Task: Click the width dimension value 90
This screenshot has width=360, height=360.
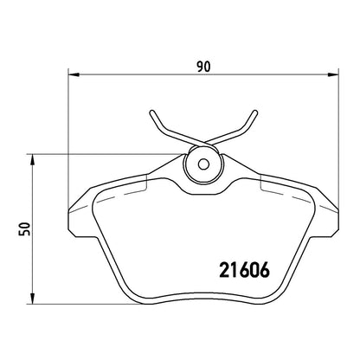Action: pyautogui.click(x=204, y=67)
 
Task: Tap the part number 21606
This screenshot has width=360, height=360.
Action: pyautogui.click(x=244, y=270)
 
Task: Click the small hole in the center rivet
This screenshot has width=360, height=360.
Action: pyautogui.click(x=203, y=164)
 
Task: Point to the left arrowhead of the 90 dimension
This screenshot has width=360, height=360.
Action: pyautogui.click(x=74, y=74)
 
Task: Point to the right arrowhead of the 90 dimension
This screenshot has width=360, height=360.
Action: pyautogui.click(x=333, y=74)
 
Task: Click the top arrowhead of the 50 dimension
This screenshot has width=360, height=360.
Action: pyautogui.click(x=32, y=159)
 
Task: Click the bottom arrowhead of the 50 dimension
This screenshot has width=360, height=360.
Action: pyautogui.click(x=32, y=299)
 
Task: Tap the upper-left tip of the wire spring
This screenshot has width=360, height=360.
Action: pyautogui.click(x=152, y=112)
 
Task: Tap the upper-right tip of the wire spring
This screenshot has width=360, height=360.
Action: pyautogui.click(x=254, y=112)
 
